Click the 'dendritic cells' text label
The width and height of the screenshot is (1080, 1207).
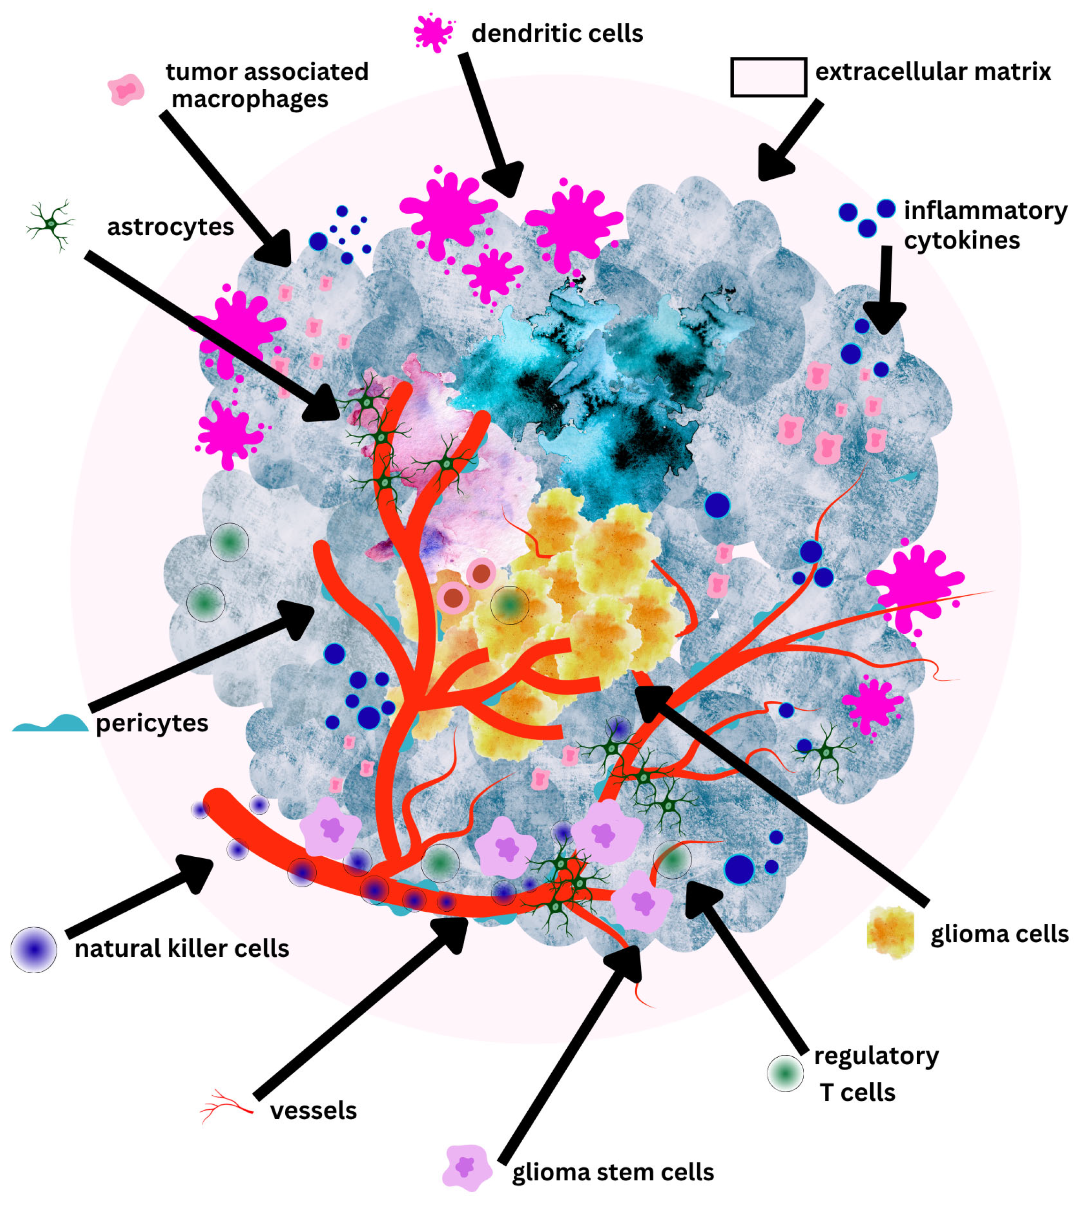tap(556, 33)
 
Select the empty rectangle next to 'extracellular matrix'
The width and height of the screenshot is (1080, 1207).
tap(768, 77)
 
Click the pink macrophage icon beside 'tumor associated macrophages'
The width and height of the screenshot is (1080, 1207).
tap(126, 90)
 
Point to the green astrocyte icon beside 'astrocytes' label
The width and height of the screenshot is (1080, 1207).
tap(52, 224)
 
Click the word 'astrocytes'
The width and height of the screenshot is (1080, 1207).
tap(170, 227)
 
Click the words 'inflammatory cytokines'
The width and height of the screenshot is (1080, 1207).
tap(985, 226)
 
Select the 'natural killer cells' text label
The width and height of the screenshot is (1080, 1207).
tap(182, 949)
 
